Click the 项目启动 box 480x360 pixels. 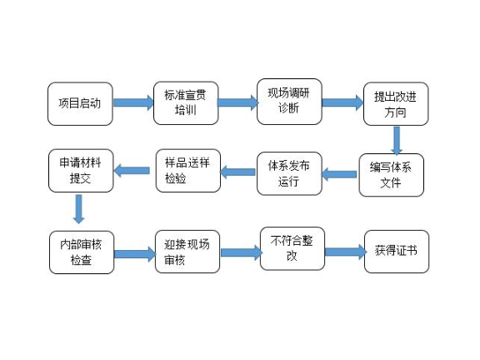pyautogui.click(x=80, y=103)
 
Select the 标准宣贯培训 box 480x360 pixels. pyautogui.click(x=185, y=103)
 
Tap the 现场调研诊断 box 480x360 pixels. pyautogui.click(x=288, y=102)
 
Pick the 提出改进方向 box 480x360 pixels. pyautogui.click(x=396, y=104)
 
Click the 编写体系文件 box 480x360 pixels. pyautogui.click(x=391, y=174)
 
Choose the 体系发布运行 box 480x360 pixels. pyautogui.click(x=288, y=172)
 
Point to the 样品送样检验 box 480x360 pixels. pyautogui.click(x=187, y=171)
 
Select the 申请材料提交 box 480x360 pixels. pyautogui.click(x=81, y=170)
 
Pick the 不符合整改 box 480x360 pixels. pyautogui.click(x=292, y=248)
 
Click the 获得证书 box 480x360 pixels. pyautogui.click(x=396, y=251)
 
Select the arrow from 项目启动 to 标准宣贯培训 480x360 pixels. pyautogui.click(x=132, y=103)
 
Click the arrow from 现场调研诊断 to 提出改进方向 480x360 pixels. pyautogui.click(x=342, y=102)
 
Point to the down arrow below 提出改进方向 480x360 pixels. pyautogui.click(x=397, y=138)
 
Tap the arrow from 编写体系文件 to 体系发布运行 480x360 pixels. pyautogui.click(x=339, y=174)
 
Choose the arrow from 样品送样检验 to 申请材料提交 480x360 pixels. pyautogui.click(x=132, y=171)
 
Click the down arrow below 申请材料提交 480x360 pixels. pyautogui.click(x=79, y=208)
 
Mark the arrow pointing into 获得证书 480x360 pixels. pyautogui.click(x=344, y=251)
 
